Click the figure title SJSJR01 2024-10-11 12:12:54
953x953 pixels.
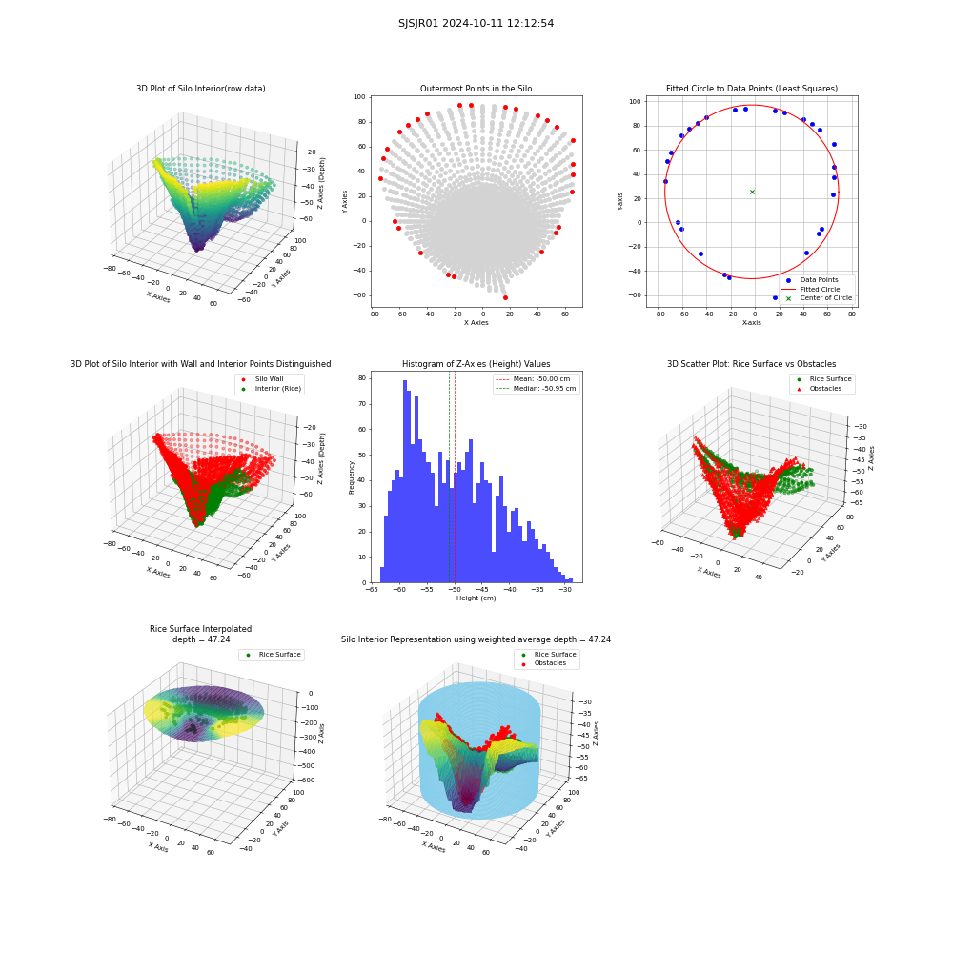[x=476, y=24]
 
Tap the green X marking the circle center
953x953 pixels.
[x=753, y=193]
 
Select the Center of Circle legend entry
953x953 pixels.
[x=819, y=297]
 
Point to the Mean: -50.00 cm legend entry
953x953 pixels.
[x=534, y=378]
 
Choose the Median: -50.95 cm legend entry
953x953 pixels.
[x=536, y=389]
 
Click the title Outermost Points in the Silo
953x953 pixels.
[x=476, y=89]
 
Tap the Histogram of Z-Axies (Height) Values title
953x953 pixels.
[x=476, y=364]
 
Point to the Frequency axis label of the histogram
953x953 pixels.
[x=352, y=477]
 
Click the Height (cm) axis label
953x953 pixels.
[x=476, y=598]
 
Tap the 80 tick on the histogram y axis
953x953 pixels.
[x=362, y=378]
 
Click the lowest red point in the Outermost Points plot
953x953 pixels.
[x=505, y=297]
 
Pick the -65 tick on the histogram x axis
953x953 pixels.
[x=372, y=590]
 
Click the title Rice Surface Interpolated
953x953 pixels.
[x=200, y=629]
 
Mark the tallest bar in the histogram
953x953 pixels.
[x=405, y=481]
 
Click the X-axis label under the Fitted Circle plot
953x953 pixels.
[x=751, y=323]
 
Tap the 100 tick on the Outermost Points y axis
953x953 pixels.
[x=359, y=97]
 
